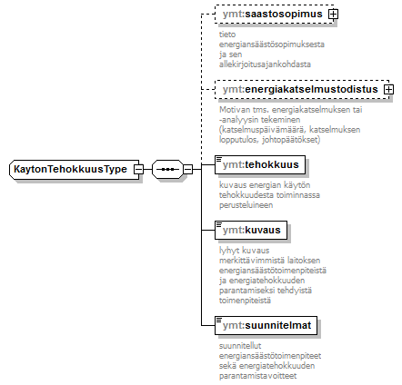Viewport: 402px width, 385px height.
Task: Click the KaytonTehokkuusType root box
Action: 75,169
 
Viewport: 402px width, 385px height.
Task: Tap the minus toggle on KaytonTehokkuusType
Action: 138,169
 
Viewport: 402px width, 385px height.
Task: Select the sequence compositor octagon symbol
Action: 167,169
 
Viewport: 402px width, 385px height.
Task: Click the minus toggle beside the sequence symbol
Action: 187,169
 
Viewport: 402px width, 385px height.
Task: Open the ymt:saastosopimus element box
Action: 274,14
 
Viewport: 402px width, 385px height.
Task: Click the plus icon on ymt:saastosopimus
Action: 334,14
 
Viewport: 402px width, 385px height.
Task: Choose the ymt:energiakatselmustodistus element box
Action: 302,89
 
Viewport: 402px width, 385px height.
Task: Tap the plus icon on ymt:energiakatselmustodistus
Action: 388,89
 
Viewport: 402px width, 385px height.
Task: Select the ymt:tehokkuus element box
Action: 260,164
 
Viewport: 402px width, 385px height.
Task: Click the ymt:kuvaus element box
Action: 251,230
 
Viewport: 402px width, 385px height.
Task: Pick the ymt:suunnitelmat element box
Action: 266,325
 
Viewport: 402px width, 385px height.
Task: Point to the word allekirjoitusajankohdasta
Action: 265,64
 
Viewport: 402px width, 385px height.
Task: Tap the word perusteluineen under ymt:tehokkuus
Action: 246,205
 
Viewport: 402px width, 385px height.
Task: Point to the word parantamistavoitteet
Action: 257,376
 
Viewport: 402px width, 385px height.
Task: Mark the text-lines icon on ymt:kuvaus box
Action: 219,224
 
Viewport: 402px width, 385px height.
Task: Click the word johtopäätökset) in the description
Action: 291,140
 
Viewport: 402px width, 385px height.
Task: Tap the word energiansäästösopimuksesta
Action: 272,44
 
